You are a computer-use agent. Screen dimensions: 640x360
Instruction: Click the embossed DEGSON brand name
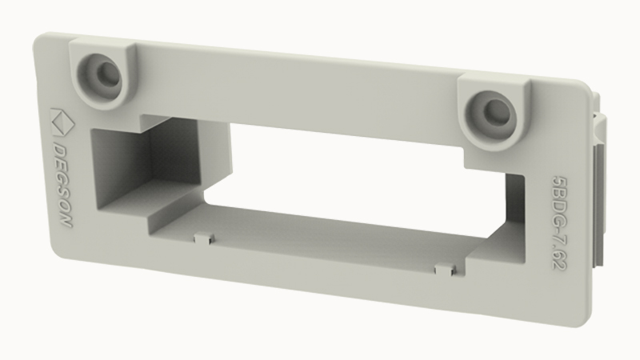coord(62,186)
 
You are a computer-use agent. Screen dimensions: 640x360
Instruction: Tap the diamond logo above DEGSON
coord(62,122)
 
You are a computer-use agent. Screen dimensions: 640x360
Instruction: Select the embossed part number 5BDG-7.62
coord(559,222)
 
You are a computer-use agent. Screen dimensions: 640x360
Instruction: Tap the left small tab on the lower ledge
coord(203,238)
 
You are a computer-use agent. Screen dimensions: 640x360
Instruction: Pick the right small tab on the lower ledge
coord(446,270)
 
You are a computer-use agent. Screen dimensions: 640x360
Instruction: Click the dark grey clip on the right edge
coord(598,204)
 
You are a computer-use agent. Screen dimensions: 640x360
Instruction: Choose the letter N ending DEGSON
coord(66,221)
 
